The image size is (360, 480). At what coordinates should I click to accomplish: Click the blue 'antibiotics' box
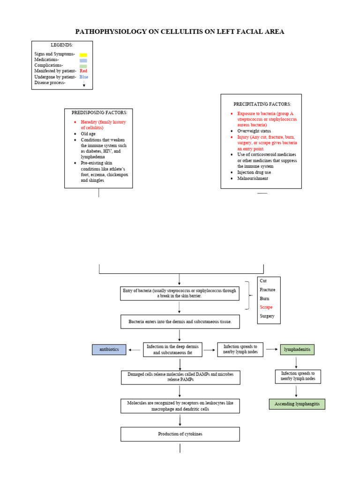109,349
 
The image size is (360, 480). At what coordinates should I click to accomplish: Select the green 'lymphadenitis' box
297,349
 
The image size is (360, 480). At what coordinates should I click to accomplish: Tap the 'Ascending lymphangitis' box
297,404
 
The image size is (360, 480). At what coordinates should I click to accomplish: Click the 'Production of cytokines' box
180,434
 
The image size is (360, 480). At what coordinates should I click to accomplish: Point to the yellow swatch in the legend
83,55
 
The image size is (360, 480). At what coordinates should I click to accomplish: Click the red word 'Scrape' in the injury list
266,307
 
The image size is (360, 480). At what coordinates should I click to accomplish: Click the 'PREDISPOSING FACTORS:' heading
98,112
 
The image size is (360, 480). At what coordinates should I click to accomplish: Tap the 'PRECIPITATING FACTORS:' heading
262,104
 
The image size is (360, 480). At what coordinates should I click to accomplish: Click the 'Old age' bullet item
88,134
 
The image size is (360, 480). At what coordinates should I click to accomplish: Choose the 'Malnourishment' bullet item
253,178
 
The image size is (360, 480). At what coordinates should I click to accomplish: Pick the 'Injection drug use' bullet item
254,172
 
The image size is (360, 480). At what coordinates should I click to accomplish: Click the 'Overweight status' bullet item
254,131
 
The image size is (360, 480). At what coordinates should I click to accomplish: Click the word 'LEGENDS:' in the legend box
62,45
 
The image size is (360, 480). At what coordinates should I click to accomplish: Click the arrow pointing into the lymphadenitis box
272,350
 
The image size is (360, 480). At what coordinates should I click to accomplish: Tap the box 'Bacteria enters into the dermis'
180,322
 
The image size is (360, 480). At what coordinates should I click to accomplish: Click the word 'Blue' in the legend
83,77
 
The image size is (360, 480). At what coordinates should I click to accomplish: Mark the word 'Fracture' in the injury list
268,290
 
